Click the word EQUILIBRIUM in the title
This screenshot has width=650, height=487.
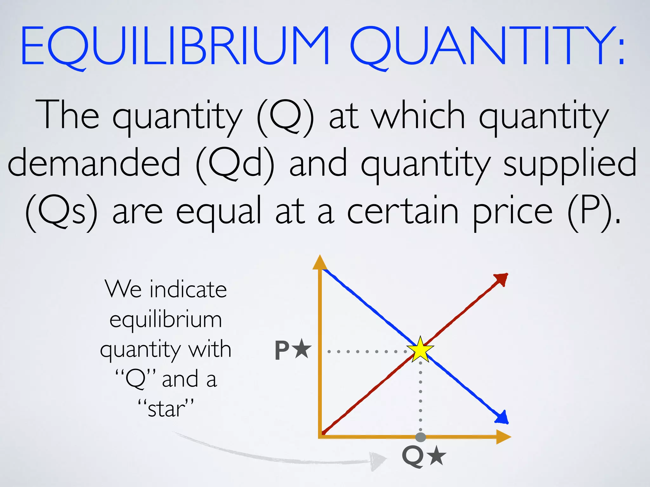(x=175, y=46)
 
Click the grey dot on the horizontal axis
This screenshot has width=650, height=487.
(x=421, y=437)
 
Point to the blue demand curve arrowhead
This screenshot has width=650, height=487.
(x=502, y=418)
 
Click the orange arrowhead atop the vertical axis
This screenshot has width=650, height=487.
(x=320, y=263)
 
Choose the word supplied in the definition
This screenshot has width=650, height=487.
(x=570, y=165)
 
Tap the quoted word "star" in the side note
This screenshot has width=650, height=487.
(x=166, y=408)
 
